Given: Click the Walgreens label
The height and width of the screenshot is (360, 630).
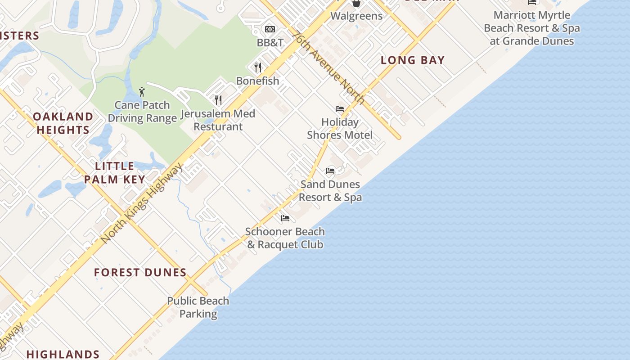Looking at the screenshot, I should [x=356, y=16].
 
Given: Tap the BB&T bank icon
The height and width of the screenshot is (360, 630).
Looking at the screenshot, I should [x=270, y=29].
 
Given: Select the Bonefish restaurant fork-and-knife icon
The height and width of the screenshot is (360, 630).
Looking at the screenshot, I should [x=258, y=67].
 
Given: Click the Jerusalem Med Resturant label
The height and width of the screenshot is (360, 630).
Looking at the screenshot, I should [x=218, y=120].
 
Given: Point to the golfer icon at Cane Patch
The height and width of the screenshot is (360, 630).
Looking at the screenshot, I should [x=142, y=92].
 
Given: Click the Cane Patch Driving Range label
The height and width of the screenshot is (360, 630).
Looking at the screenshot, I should [x=142, y=112].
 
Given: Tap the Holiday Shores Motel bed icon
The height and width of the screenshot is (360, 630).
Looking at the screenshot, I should [x=340, y=109].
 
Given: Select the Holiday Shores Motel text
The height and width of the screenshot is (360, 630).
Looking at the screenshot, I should [x=340, y=129].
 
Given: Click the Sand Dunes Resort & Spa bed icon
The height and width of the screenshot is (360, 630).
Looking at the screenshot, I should [x=330, y=171].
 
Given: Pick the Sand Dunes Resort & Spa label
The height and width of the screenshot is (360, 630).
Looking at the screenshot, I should [x=330, y=191].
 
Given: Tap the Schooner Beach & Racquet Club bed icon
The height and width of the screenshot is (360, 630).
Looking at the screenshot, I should [x=285, y=218].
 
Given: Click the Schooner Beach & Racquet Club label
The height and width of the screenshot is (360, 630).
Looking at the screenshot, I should [x=285, y=238].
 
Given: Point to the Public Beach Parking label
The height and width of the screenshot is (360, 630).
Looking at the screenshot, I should [x=198, y=307].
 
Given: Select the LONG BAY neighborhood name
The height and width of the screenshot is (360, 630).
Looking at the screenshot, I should [x=413, y=60].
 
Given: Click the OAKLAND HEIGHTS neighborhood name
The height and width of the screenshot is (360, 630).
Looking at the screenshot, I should [x=63, y=123].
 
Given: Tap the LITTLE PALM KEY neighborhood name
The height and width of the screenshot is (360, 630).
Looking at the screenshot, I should [x=115, y=173].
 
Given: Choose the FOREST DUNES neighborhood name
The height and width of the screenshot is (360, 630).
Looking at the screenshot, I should [x=140, y=273].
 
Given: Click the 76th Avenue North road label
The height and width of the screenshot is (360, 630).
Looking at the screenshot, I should [x=328, y=67].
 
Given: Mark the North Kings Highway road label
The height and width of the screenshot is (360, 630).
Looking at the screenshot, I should [x=143, y=203].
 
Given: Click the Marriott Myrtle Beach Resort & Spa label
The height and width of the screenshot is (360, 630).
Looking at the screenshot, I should [x=532, y=28].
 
